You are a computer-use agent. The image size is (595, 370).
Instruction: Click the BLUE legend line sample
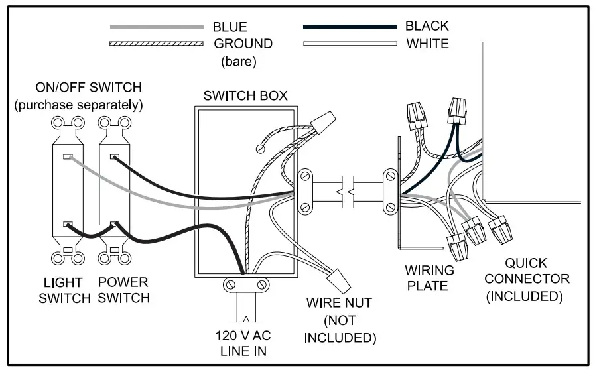coord(157,27)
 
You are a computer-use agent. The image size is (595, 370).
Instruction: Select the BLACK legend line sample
coord(350,27)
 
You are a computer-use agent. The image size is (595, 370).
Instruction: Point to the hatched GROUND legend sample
coord(157,44)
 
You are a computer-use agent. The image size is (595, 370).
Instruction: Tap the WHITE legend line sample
coord(350,44)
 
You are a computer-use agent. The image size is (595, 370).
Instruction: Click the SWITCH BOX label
coord(245,95)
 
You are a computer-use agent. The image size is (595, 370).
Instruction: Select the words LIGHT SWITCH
coord(64,290)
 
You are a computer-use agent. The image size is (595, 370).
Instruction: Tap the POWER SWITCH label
coord(123,290)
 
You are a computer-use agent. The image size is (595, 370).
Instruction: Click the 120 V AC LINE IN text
coord(243,343)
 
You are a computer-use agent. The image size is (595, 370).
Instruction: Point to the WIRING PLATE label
coord(429,278)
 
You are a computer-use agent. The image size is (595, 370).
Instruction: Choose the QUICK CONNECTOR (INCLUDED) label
coord(527,280)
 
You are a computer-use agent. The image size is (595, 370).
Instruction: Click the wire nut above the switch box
coord(323,122)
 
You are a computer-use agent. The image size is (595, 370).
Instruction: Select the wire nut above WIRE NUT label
coord(340,281)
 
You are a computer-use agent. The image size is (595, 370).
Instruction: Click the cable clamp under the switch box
coord(245,284)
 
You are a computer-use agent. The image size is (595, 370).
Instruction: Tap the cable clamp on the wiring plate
coord(391,192)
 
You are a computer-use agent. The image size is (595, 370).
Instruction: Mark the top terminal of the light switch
coord(68,156)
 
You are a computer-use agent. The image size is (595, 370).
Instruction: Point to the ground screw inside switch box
coord(261,149)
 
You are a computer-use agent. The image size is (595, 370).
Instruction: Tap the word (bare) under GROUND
coord(239,61)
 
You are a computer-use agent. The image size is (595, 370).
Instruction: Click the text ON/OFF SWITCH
coord(88,88)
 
